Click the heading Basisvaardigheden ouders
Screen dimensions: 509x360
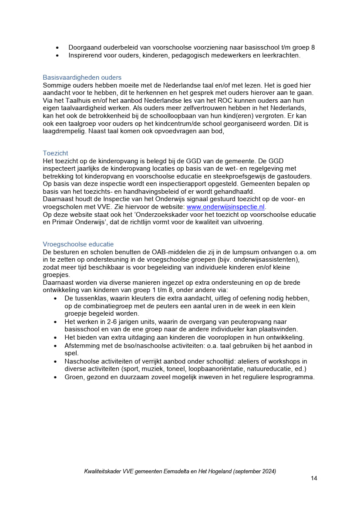[x=82, y=78]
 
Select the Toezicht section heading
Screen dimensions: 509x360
[x=55, y=153]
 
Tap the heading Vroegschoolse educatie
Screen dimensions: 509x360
[x=78, y=244]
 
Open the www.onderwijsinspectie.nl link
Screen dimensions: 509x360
[x=225, y=207]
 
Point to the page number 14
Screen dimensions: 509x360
[x=314, y=478]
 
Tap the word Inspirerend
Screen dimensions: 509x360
[x=85, y=55]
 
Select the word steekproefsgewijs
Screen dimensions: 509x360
[x=249, y=176]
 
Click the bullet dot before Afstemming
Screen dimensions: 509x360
[x=55, y=346]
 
